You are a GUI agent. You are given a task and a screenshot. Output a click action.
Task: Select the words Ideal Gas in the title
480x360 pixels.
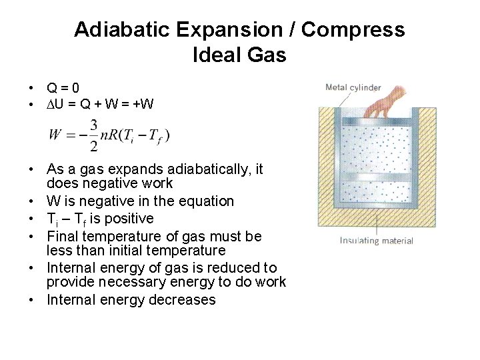[x=239, y=55]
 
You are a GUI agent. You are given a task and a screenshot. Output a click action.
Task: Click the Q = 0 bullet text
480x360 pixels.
[x=63, y=87]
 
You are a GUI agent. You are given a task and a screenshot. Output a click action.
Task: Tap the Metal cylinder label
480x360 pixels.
[x=353, y=87]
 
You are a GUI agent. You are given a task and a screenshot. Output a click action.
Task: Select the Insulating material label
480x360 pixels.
[x=376, y=241]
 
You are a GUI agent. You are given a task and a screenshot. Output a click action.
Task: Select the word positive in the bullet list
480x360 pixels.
[x=129, y=219]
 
